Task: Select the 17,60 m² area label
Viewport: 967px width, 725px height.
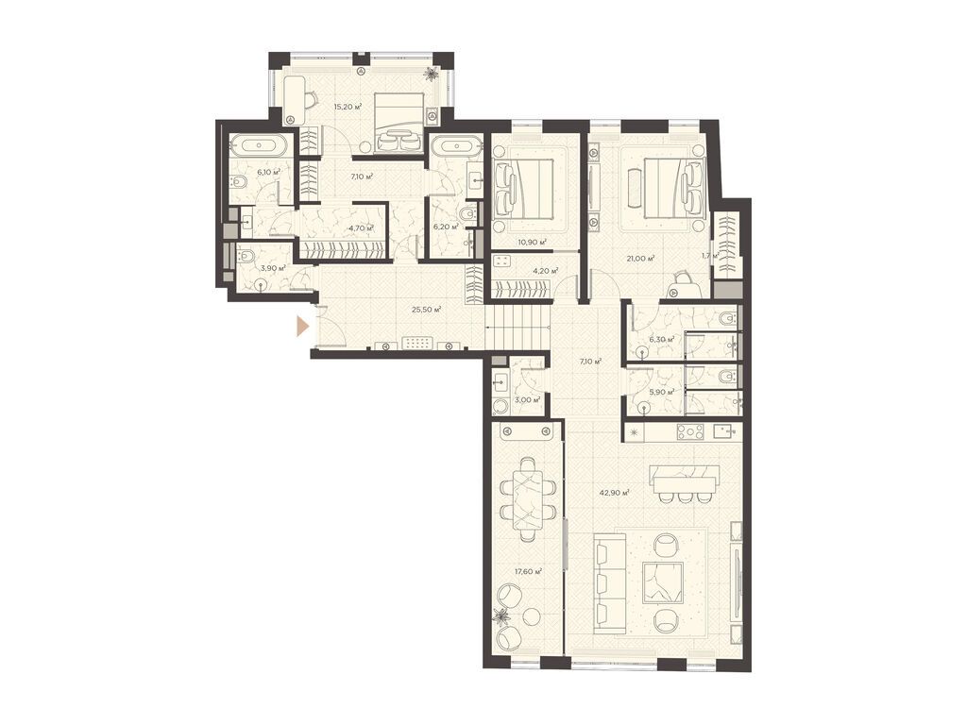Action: pyautogui.click(x=528, y=571)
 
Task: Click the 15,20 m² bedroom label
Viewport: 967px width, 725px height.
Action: pyautogui.click(x=348, y=107)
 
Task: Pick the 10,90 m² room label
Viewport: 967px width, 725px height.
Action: pyautogui.click(x=533, y=242)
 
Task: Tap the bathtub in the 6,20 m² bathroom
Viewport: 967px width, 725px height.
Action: pyautogui.click(x=456, y=148)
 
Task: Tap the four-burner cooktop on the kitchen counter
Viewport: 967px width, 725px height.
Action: pyautogui.click(x=690, y=431)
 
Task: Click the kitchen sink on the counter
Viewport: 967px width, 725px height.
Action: pyautogui.click(x=724, y=430)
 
